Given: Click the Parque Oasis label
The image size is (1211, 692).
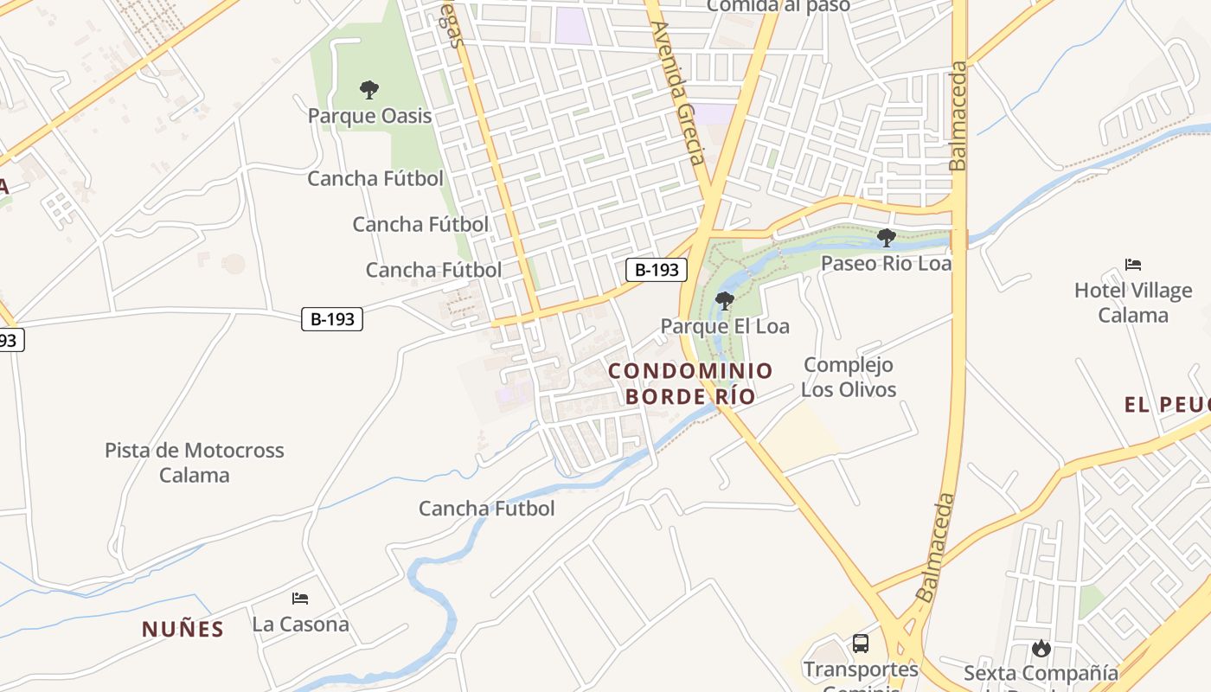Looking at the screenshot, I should click(x=369, y=116).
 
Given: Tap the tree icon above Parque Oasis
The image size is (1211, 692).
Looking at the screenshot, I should click(x=369, y=89).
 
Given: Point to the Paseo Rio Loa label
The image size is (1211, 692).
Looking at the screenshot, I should click(x=886, y=263).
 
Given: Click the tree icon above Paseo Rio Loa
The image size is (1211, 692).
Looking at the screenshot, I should click(x=886, y=237).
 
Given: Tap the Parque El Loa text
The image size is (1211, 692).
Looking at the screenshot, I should click(x=725, y=326).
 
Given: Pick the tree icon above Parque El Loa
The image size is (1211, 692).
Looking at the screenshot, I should click(x=725, y=301).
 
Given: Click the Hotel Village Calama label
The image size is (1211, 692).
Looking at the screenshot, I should click(x=1133, y=303).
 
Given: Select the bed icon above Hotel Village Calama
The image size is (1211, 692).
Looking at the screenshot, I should click(x=1133, y=265).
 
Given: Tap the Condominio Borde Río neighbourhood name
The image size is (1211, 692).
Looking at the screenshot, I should click(x=690, y=383).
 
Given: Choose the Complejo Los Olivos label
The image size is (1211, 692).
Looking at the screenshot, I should click(x=849, y=377).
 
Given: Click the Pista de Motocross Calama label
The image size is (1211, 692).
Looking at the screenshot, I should click(x=195, y=463).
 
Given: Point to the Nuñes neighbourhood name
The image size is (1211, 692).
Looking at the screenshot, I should click(x=183, y=629).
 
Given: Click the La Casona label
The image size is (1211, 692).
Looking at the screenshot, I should click(x=300, y=624).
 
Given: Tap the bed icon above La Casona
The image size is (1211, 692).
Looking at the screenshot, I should click(x=300, y=598).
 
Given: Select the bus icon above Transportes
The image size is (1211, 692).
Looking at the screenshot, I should click(x=861, y=644).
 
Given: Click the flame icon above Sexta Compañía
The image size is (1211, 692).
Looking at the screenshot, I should click(x=1041, y=648).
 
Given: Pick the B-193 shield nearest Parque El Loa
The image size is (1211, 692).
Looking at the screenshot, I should click(x=657, y=270).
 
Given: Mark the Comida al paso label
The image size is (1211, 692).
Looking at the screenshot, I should click(x=778, y=6).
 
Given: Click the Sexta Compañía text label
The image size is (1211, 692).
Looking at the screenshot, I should click(x=1041, y=673).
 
